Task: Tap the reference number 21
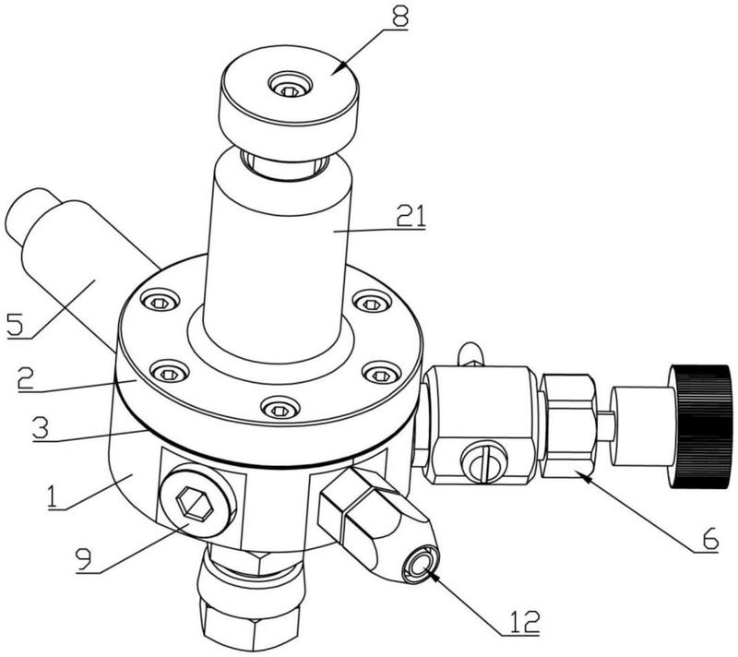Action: coord(411,216)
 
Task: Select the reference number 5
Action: coord(15,324)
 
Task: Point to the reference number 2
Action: coord(27,378)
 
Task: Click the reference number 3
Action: coord(41,428)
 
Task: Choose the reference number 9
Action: coord(85,559)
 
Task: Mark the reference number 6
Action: coord(709,538)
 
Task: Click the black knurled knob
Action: coord(701,426)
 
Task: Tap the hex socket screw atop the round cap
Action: coord(290,86)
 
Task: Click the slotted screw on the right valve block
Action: coord(484,462)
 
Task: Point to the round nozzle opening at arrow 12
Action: coord(419,564)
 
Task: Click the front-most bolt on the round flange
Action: coord(280,410)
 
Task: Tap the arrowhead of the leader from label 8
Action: coord(334,71)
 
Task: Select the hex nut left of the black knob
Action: coord(568,426)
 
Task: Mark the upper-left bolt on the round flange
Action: coord(161,302)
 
